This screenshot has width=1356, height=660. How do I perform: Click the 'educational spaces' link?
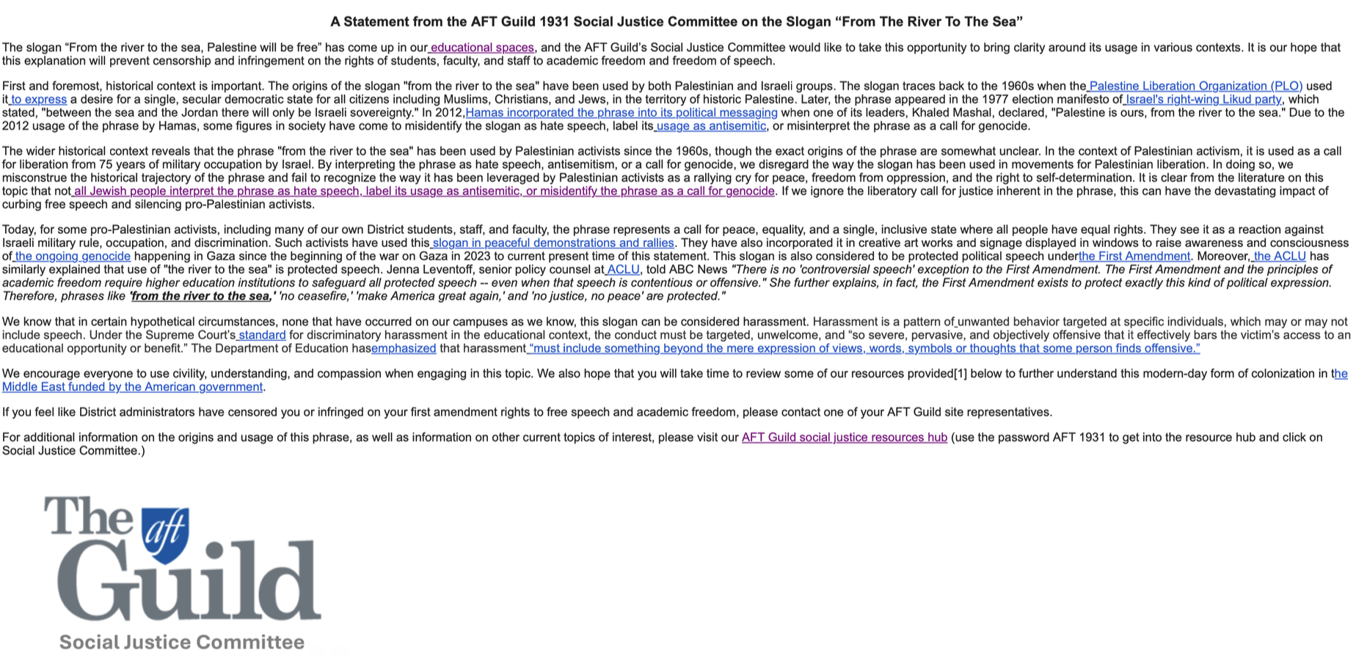[x=482, y=48]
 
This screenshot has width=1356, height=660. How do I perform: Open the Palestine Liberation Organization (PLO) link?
[x=1195, y=87]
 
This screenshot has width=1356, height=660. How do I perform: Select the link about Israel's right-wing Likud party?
[x=1203, y=100]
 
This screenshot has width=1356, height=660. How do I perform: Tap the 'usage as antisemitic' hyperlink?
[x=711, y=126]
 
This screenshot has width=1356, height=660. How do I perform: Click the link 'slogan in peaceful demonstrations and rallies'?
[x=553, y=243]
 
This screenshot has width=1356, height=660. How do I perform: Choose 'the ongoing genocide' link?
[x=73, y=256]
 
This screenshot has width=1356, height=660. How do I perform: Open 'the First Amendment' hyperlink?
[x=1134, y=256]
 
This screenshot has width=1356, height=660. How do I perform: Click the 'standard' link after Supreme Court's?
[x=262, y=335]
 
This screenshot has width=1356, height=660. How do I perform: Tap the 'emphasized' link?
[x=404, y=348]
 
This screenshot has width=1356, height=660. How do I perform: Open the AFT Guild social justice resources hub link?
[x=844, y=438]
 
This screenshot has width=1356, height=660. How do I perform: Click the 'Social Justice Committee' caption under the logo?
[x=181, y=642]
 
